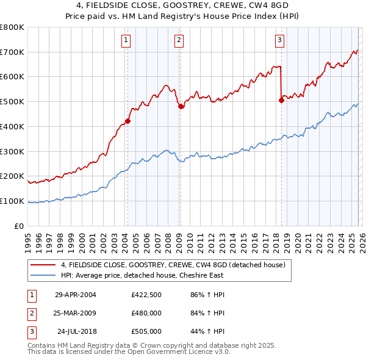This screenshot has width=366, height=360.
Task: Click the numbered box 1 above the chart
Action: click(x=126, y=41)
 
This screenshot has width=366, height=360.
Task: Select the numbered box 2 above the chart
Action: click(x=179, y=41)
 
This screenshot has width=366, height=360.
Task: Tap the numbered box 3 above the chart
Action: click(x=279, y=41)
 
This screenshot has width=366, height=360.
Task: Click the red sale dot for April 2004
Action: click(x=127, y=121)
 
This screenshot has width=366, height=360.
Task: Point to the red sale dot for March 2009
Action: click(x=181, y=107)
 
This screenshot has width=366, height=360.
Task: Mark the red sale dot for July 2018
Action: click(x=281, y=101)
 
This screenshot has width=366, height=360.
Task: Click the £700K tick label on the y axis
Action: click(x=12, y=52)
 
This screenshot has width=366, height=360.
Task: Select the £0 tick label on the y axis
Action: click(x=19, y=226)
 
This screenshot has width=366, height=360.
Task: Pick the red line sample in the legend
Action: click(x=45, y=265)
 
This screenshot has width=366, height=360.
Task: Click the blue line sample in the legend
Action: click(x=45, y=275)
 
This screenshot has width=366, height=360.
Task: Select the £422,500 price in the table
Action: click(x=146, y=295)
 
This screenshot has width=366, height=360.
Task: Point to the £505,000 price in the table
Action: click(x=146, y=331)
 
